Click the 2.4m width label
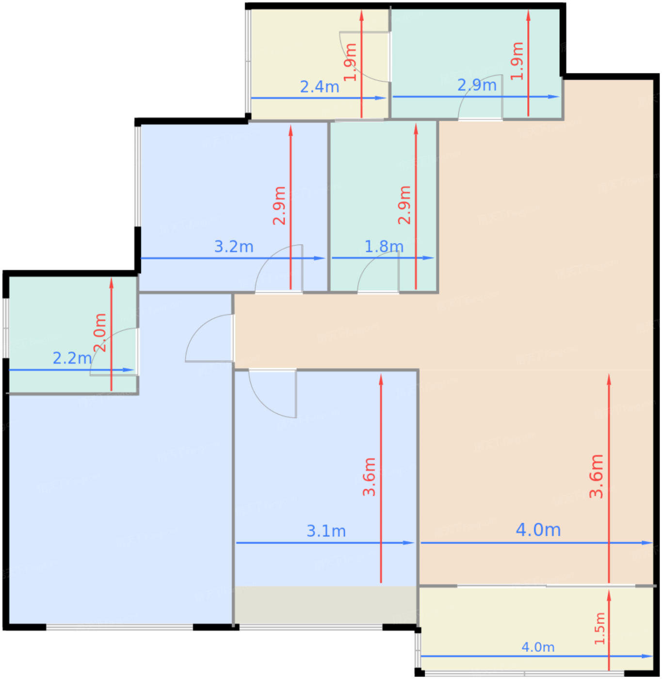pos(319,87)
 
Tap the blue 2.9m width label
pos(477,85)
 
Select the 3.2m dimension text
pos(233,247)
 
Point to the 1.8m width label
pos(384,247)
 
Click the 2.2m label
pos(72,358)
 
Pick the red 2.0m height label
pos(100,333)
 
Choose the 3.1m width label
pos(326,531)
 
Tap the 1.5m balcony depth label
pos(599,629)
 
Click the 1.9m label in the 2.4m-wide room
pos(350,63)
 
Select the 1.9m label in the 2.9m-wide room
pos(517,61)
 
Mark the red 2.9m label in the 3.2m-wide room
pos(279,206)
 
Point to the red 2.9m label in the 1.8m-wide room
pos(404,205)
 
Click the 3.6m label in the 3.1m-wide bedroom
pos(369,477)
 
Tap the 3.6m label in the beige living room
pos(596,476)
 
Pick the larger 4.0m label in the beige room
pos(538,530)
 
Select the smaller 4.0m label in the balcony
pos(538,647)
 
